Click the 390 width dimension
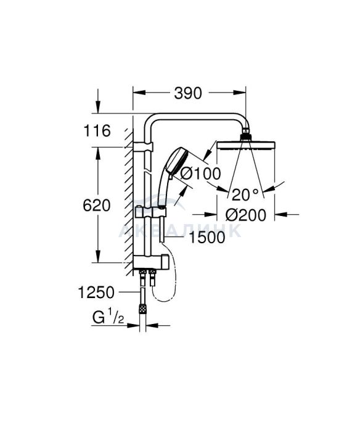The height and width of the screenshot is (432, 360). (x=188, y=93)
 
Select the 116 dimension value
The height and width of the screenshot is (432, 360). (x=97, y=131)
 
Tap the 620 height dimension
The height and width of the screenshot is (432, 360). (x=97, y=206)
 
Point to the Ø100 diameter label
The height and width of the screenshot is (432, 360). (x=200, y=174)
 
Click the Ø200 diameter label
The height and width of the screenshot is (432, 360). (x=246, y=215)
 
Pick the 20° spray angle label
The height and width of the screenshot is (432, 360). (x=245, y=194)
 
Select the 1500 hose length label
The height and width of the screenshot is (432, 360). (x=207, y=238)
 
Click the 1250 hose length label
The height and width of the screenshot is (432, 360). (x=96, y=293)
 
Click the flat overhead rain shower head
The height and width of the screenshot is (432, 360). (x=246, y=145)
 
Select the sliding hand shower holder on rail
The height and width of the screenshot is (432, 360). (x=150, y=212)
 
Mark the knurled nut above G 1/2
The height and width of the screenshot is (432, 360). (x=142, y=308)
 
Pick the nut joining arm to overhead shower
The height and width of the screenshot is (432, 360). (x=245, y=137)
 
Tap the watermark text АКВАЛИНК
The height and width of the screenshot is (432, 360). (x=180, y=231)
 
